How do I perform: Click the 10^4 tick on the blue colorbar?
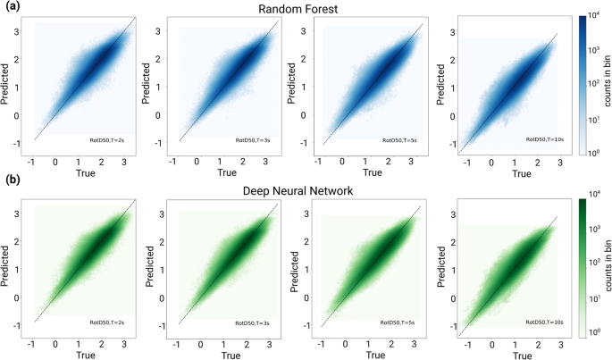pos(596,16)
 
